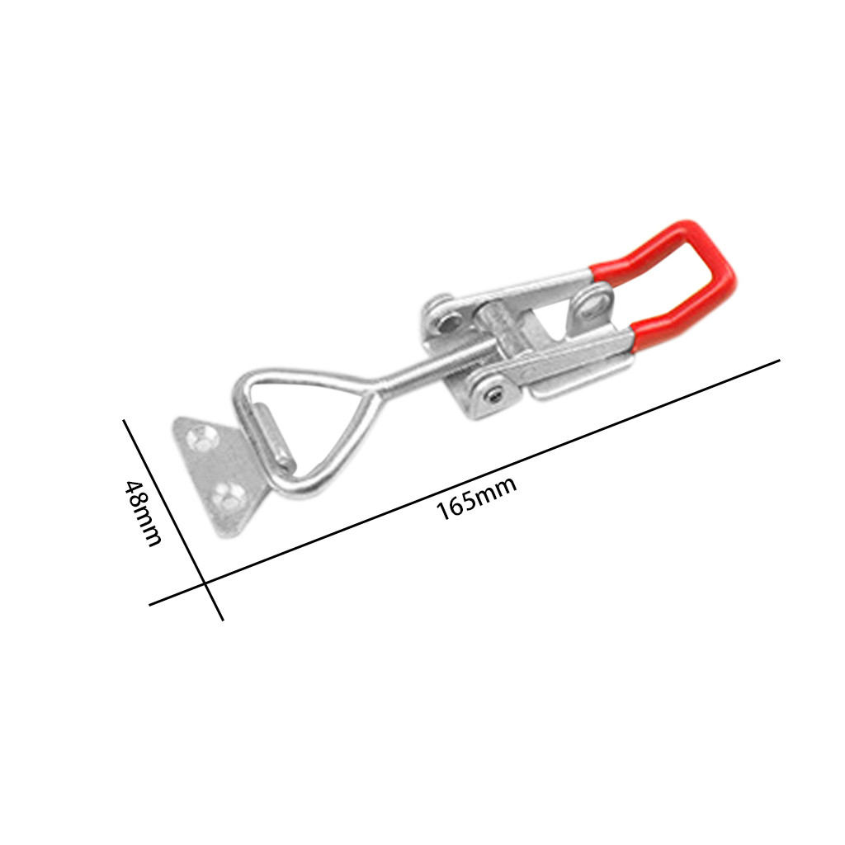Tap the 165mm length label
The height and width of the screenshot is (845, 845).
click(x=476, y=497)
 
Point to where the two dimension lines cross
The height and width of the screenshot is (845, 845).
click(x=205, y=585)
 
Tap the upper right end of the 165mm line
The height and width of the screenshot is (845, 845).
click(x=779, y=361)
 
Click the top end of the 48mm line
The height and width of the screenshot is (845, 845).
click(x=125, y=421)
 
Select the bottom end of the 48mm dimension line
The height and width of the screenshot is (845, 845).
click(x=222, y=619)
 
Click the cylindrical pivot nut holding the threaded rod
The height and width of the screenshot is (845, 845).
click(x=504, y=330)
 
